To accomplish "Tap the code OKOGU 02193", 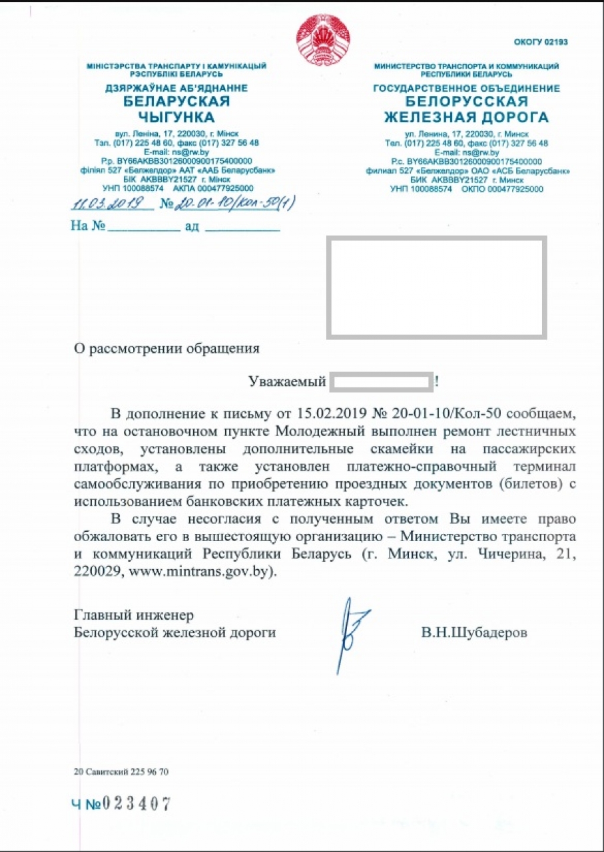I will pyautogui.click(x=541, y=43).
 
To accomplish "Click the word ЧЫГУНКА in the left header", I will pyautogui.click(x=176, y=118).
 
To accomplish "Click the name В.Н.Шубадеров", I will pyautogui.click(x=473, y=633).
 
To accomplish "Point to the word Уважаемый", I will pyautogui.click(x=286, y=382).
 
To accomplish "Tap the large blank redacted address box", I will pyautogui.click(x=436, y=286).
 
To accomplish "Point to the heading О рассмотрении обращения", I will pyautogui.click(x=166, y=347).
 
